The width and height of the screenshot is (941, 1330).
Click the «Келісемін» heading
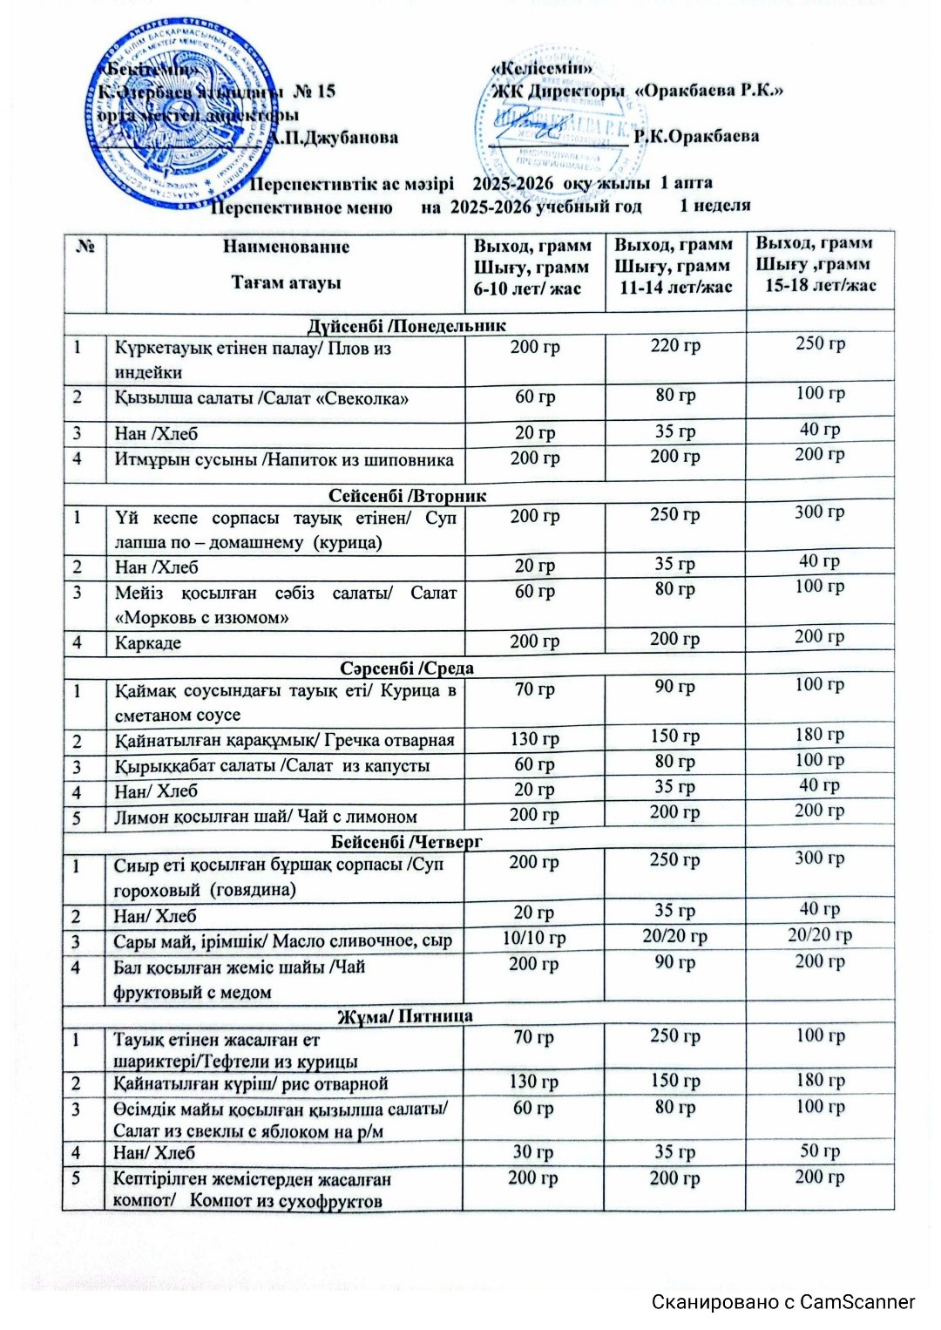click(x=542, y=68)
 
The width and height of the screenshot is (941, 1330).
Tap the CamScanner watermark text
click(x=783, y=1302)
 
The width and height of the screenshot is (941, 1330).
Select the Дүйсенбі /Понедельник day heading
click(x=406, y=325)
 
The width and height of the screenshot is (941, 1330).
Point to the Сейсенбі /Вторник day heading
click(x=407, y=496)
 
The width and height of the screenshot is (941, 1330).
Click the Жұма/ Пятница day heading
click(x=405, y=1016)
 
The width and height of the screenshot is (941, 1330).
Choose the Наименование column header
click(x=286, y=247)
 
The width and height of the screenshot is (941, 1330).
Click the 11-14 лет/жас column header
click(x=674, y=288)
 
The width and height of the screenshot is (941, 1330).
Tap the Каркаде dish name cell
click(x=149, y=643)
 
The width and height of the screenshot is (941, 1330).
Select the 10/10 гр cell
click(x=534, y=939)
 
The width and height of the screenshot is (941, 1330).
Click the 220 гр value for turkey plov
click(x=675, y=346)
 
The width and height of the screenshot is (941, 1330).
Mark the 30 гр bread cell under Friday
click(x=533, y=1151)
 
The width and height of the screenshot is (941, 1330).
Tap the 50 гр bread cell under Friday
click(x=820, y=1150)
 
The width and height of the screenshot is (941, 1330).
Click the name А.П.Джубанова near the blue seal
click(x=333, y=138)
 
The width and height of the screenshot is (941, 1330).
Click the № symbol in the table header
click(x=85, y=248)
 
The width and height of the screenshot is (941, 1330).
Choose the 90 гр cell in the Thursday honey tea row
click(x=675, y=962)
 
